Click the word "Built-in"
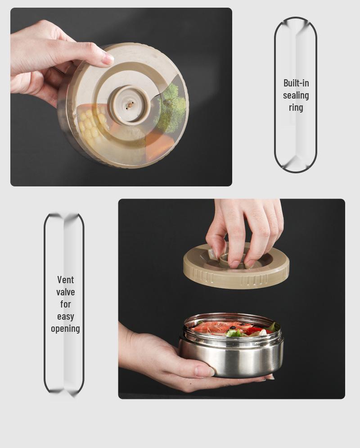pos(296,83)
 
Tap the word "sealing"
pos(296,95)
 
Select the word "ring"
pos(296,108)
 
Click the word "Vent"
pos(65,280)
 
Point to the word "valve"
pos(65,292)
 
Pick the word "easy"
pos(65,317)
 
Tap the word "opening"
pos(65,329)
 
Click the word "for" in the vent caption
pos(65,304)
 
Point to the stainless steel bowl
pos(231,345)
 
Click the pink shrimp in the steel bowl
pos(217,327)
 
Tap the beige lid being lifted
pos(236,266)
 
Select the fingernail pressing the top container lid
pos(108,59)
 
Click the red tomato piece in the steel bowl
pos(255,330)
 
